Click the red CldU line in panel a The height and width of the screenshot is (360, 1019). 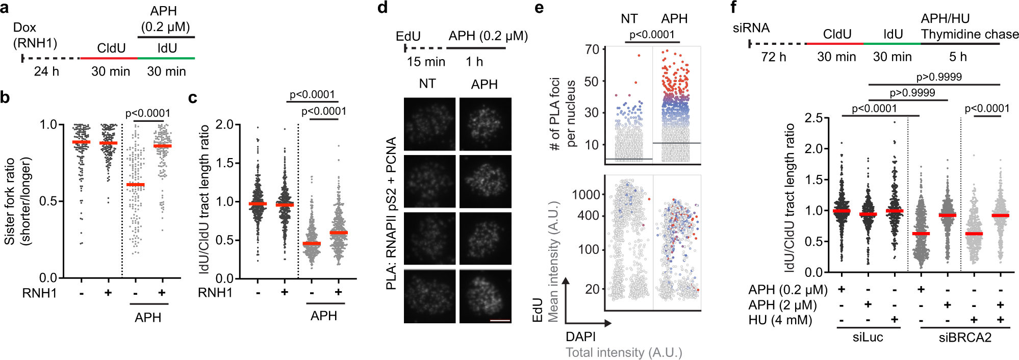(x=109, y=59)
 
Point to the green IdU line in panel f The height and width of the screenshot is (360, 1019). (x=892, y=44)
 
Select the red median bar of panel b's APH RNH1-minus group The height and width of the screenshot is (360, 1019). (x=135, y=185)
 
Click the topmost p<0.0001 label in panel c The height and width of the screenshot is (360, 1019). (x=312, y=94)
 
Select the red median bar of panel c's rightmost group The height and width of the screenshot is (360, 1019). (x=338, y=233)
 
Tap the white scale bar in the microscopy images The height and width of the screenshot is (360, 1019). (x=500, y=321)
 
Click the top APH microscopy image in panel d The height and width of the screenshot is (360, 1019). (x=485, y=124)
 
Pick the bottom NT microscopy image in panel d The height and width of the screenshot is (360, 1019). (x=429, y=296)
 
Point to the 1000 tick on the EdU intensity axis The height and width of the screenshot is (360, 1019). (x=586, y=194)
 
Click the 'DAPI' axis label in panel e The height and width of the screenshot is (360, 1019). (x=580, y=337)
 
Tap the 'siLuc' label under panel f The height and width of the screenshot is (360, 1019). (x=868, y=337)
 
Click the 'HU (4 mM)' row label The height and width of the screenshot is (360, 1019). (x=780, y=320)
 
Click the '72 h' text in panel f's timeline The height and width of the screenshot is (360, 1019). (x=773, y=57)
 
